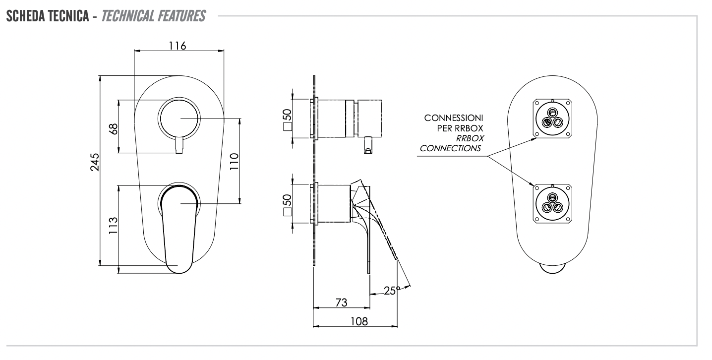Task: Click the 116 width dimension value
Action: pos(177,46)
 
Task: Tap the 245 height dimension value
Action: pos(95,162)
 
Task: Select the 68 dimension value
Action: pos(114,129)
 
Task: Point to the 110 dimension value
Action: pos(234,161)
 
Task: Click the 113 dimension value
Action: pos(114,226)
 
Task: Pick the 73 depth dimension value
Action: pos(342,302)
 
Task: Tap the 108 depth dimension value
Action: pos(359,321)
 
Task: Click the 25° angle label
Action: pos(392,291)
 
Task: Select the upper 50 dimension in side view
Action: pos(287,115)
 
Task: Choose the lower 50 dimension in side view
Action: pos(287,200)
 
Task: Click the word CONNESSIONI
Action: pos(454,118)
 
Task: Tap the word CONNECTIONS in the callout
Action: pos(450,148)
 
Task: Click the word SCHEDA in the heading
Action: pos(26,16)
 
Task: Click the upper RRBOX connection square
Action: pos(552,119)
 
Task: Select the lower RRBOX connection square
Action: pos(552,203)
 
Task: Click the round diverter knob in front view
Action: pos(179,119)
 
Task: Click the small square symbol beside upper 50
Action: pos(288,126)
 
